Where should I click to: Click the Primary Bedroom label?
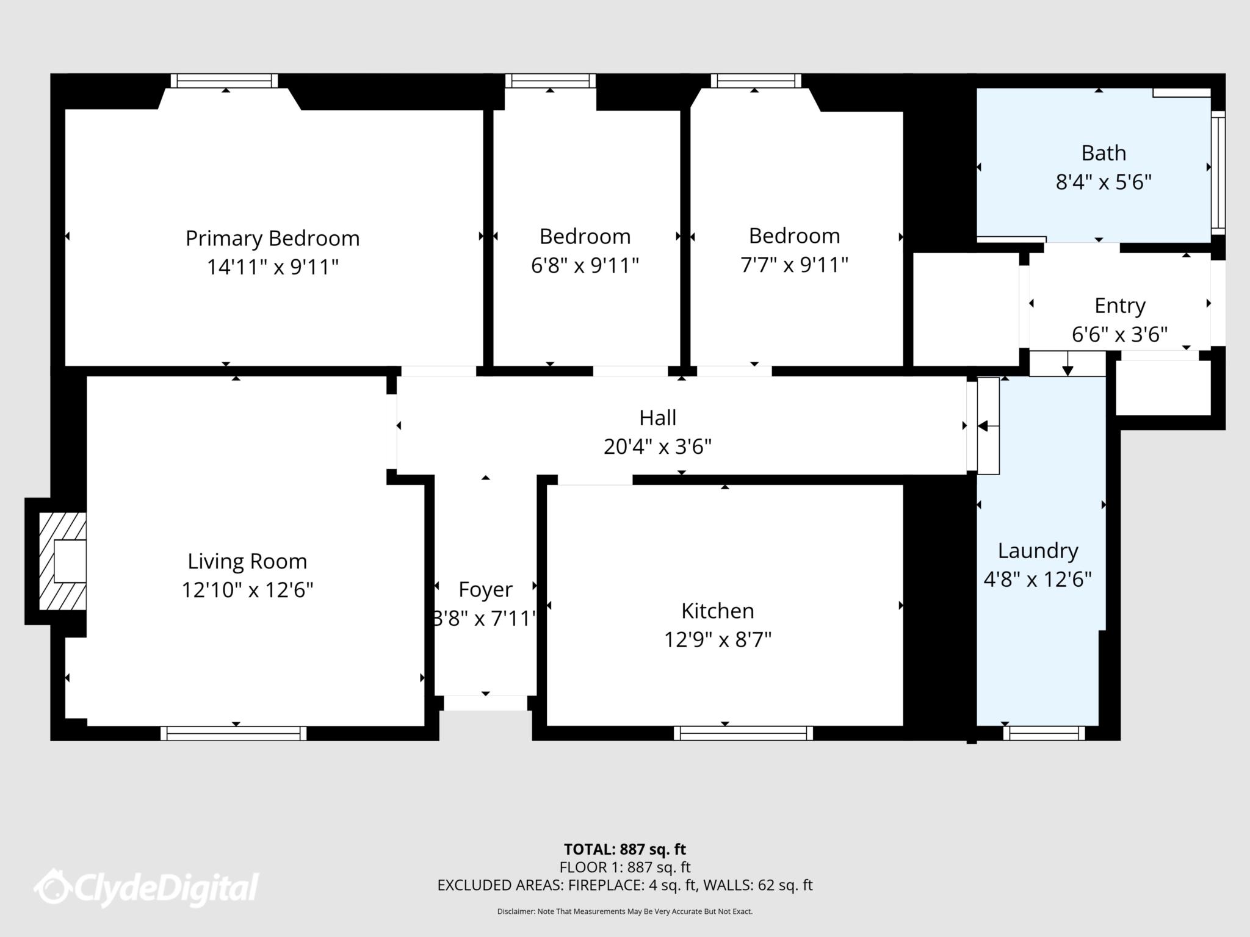point(272,239)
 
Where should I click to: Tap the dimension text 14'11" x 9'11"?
point(272,267)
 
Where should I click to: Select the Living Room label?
point(247,562)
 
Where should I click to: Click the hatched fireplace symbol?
point(62,561)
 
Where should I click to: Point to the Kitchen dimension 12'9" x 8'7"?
point(718,640)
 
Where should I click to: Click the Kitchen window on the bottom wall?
point(743,733)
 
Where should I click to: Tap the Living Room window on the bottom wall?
point(234,733)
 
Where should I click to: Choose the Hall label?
point(657,418)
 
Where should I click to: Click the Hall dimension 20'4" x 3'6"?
point(657,447)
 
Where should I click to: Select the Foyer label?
point(485,590)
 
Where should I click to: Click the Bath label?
point(1104,153)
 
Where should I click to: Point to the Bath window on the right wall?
point(1218,173)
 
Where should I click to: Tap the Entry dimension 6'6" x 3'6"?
point(1119,335)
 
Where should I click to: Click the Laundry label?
point(1038,551)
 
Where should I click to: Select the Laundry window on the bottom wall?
point(1044,733)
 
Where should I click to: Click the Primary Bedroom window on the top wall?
point(224,81)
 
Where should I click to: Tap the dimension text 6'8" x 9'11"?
point(585,265)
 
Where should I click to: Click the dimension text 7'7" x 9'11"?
point(794,265)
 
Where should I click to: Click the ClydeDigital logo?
point(146,887)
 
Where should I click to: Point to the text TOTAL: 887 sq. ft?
point(625,849)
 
